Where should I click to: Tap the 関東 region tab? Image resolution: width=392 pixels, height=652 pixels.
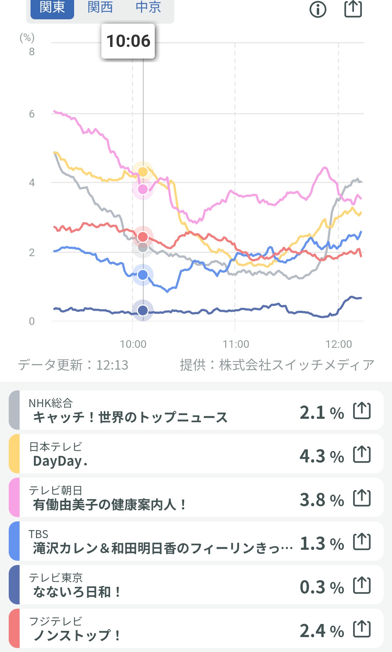click(52, 7)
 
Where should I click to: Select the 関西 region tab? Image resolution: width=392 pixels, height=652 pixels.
click(100, 7)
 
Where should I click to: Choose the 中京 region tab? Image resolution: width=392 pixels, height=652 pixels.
click(148, 7)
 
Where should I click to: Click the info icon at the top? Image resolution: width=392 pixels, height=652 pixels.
click(318, 9)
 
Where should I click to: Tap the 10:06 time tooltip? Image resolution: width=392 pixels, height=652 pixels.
click(128, 41)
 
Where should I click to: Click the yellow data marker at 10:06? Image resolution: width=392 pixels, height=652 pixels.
click(143, 172)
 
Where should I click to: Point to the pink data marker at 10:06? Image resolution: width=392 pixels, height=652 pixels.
click(143, 189)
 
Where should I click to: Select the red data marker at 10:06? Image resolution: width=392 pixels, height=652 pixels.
click(143, 237)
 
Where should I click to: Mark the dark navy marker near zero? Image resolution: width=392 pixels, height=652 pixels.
click(143, 310)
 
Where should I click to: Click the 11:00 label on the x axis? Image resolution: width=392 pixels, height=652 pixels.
click(236, 344)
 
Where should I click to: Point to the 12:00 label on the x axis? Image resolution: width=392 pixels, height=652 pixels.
click(339, 344)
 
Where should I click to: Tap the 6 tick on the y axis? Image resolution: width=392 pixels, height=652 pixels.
click(32, 114)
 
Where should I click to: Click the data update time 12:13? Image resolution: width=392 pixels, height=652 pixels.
click(112, 365)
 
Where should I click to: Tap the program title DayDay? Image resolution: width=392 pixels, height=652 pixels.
click(60, 461)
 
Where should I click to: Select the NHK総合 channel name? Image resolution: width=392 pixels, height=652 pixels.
click(51, 403)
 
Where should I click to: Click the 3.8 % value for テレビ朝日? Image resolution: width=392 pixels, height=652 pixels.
click(322, 500)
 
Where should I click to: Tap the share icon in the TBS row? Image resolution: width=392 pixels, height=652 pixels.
click(362, 542)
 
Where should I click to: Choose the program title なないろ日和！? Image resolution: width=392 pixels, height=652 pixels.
click(77, 592)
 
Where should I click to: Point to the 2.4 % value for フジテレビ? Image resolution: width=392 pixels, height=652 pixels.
click(322, 631)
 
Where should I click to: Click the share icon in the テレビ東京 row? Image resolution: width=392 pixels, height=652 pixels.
click(362, 585)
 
